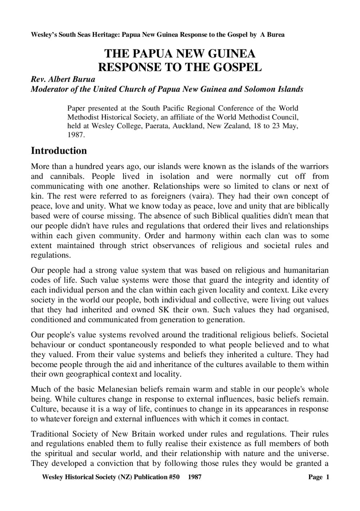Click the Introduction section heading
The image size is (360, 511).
coord(59,151)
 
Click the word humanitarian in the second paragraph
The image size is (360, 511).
coord(306,270)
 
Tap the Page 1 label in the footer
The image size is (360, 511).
coord(319,478)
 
